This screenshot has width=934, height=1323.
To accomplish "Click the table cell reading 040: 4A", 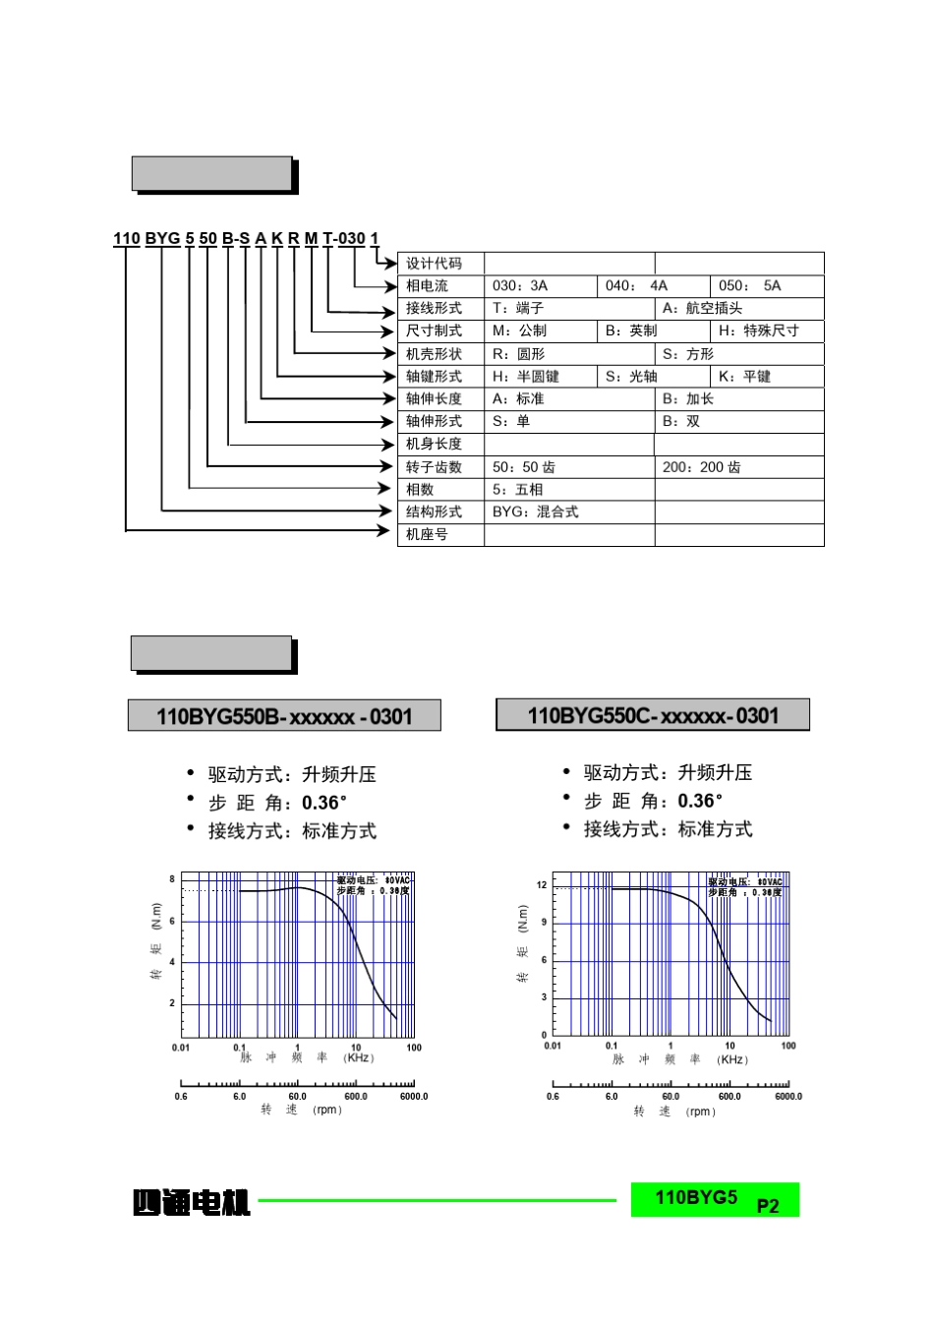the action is point(635,286).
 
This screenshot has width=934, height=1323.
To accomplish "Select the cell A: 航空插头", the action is point(702,309).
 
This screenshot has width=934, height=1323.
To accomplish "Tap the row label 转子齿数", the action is point(434,467).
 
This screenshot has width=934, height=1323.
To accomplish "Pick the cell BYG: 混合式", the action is point(536,512).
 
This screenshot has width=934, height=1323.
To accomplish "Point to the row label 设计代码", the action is point(434,264).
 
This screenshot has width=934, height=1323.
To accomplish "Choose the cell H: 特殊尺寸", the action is point(758,331).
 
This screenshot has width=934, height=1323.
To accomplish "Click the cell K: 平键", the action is point(744,377).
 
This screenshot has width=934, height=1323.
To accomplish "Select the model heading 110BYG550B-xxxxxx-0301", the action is point(284,716).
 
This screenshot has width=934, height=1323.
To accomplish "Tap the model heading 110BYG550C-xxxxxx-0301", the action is point(653,715).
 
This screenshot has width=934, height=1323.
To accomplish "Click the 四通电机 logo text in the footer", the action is point(192,1202).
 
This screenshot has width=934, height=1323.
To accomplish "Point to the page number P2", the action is point(768,1206).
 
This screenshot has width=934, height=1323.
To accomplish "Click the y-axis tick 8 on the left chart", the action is point(172,879).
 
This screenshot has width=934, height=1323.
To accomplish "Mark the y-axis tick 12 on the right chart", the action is point(542,884).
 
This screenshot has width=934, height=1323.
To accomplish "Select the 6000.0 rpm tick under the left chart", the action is point(414,1096).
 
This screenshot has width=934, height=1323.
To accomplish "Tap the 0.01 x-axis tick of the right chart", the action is point(553,1046).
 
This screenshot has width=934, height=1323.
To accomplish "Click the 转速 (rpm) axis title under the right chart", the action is point(674,1112).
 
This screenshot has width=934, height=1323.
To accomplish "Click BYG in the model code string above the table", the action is point(162,239).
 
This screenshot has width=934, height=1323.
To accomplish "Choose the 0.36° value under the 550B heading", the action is point(324,804).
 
